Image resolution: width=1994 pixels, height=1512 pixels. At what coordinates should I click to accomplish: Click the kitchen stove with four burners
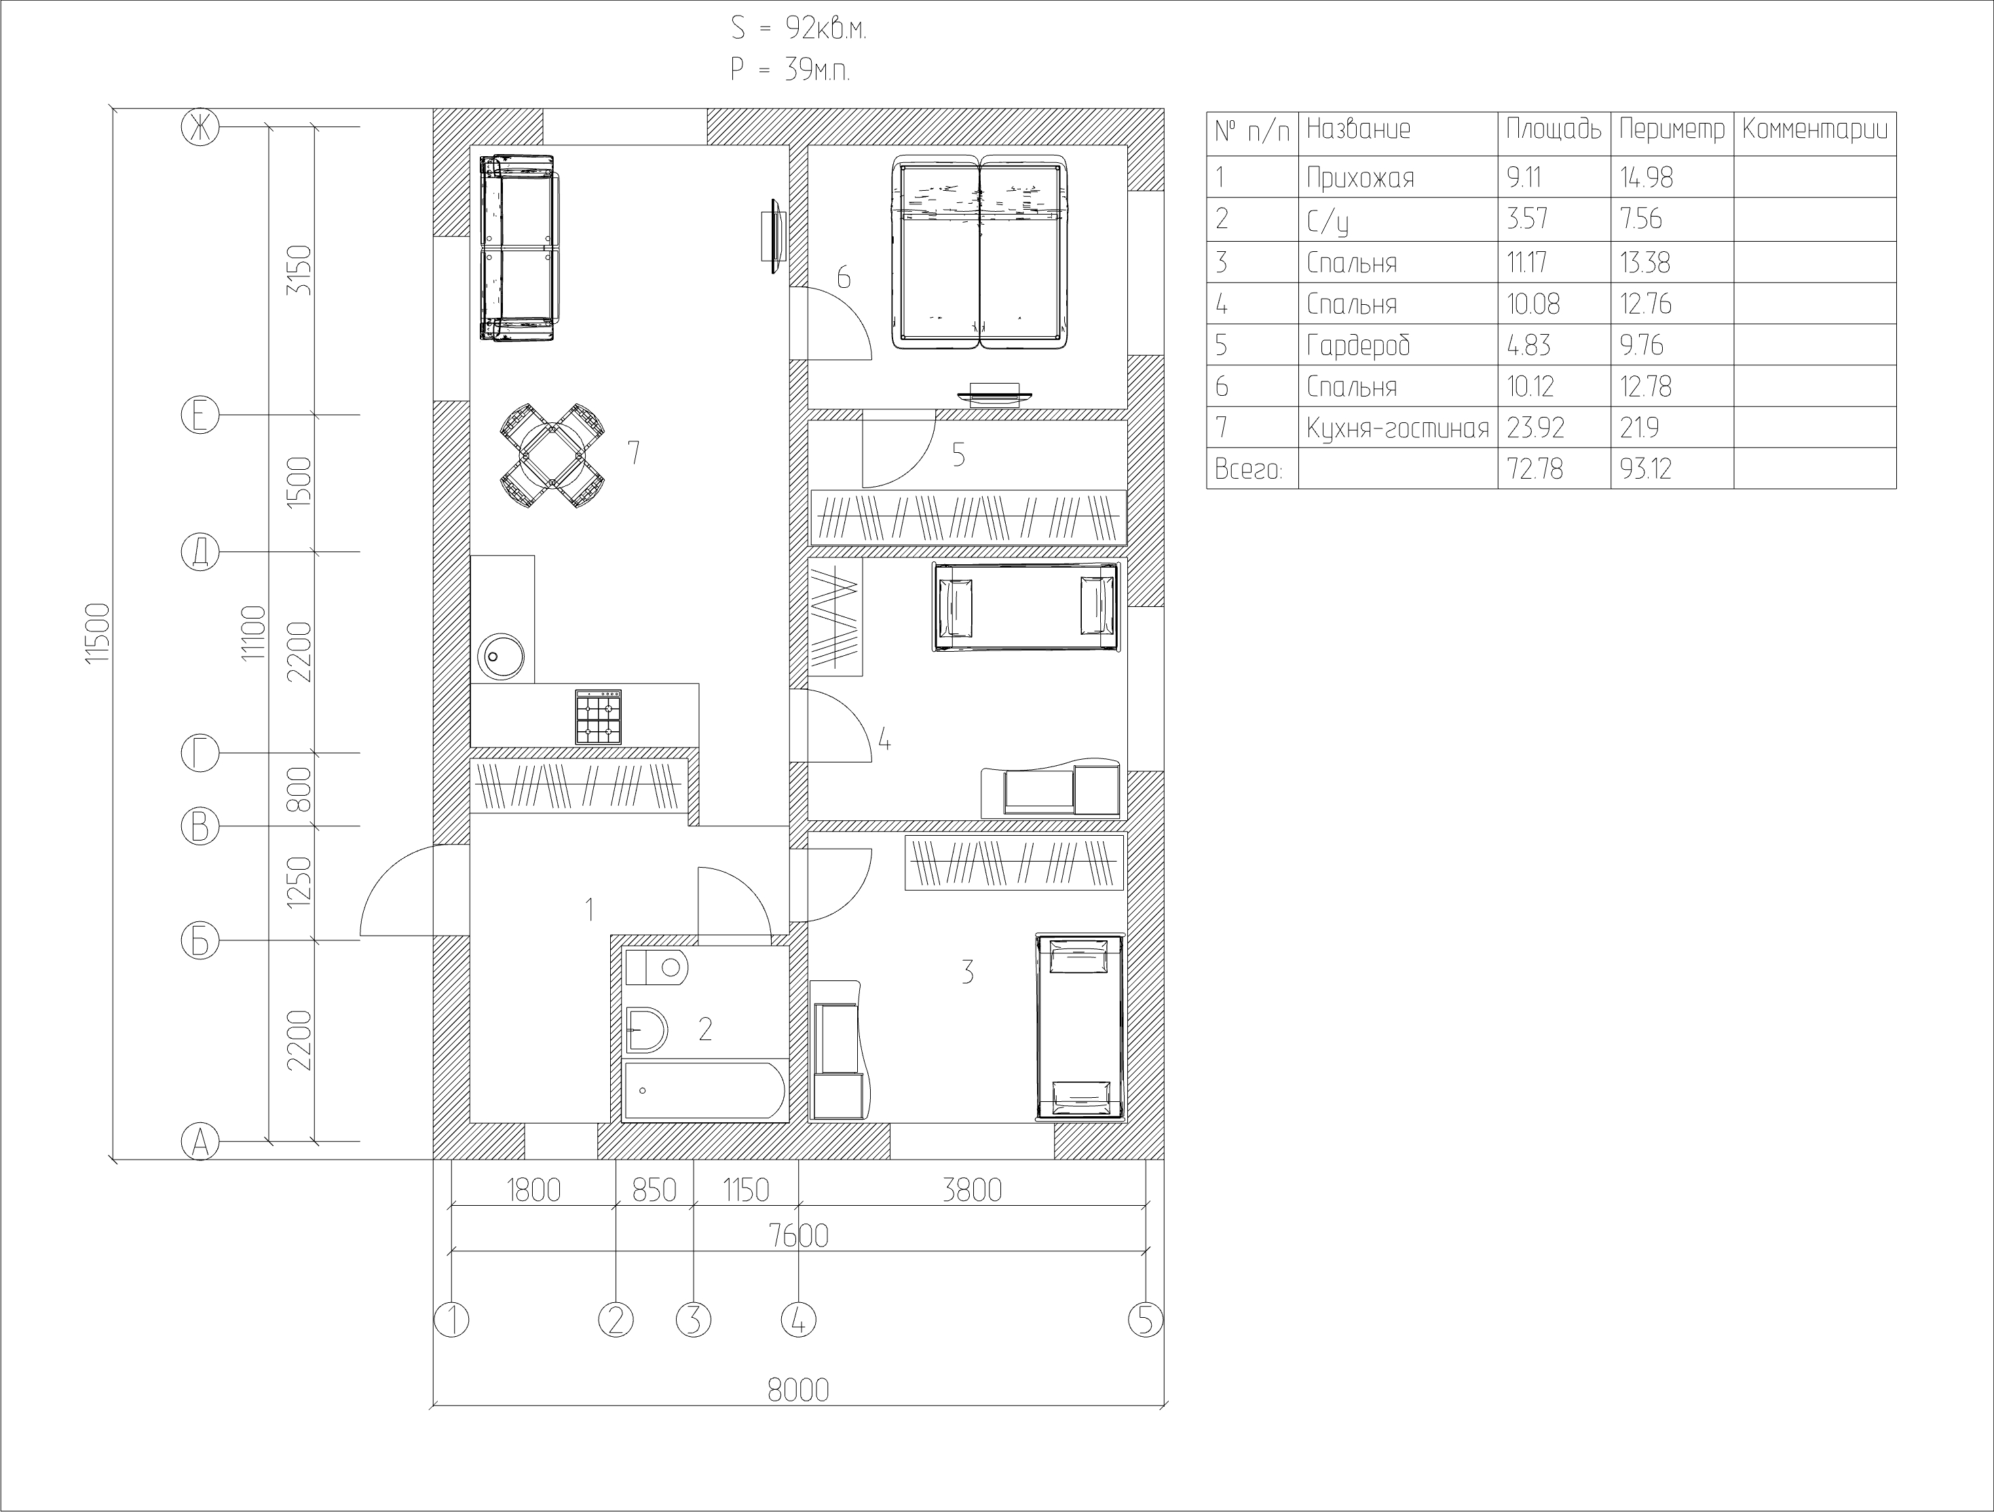pyautogui.click(x=599, y=717)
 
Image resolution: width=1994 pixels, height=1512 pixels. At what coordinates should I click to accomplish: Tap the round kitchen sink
pyautogui.click(x=501, y=657)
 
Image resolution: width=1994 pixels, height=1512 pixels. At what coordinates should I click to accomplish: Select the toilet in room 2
pyautogui.click(x=656, y=967)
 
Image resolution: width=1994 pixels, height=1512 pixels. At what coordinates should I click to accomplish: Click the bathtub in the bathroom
pyautogui.click(x=705, y=1091)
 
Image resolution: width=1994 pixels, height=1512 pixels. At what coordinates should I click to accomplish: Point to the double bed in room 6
pyautogui.click(x=980, y=253)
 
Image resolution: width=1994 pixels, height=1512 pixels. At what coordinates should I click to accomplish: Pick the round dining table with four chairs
pyautogui.click(x=552, y=456)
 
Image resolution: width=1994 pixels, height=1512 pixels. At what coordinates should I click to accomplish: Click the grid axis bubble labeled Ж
pyautogui.click(x=200, y=127)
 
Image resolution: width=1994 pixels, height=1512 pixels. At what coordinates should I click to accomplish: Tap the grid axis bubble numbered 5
pyautogui.click(x=1146, y=1320)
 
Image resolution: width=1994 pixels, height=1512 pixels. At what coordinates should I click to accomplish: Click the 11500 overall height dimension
pyautogui.click(x=97, y=634)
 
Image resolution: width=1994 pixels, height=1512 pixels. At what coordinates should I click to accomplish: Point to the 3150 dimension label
pyautogui.click(x=299, y=270)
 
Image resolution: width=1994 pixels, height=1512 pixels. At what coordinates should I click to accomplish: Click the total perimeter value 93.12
pyautogui.click(x=1645, y=469)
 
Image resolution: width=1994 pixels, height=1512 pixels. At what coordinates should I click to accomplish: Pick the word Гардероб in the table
pyautogui.click(x=1357, y=346)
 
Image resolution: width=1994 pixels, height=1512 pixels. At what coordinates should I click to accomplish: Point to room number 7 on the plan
pyautogui.click(x=634, y=453)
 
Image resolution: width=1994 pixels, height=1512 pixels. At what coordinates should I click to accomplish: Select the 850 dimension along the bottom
pyautogui.click(x=654, y=1190)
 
